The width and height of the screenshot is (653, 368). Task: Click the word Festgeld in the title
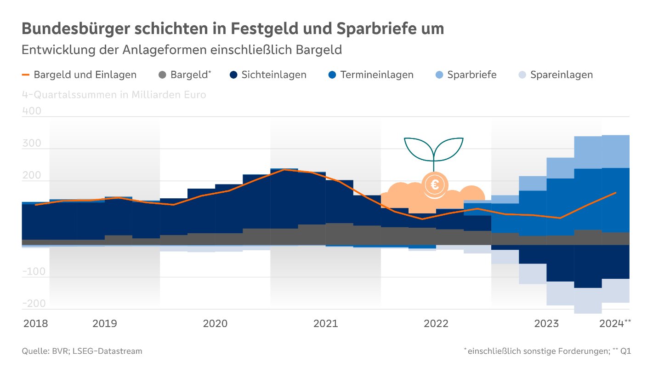pos(261,29)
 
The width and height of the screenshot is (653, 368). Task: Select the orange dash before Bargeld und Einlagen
pos(26,75)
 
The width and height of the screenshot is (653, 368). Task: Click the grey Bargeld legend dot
pos(162,75)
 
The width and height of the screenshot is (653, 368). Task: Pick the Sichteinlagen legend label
pos(274,75)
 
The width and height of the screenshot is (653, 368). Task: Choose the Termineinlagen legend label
pos(377,75)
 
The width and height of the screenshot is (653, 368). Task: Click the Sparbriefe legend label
pos(472,75)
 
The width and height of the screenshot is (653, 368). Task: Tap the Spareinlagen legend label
pos(561,75)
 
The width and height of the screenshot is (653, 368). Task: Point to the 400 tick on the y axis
pos(32,111)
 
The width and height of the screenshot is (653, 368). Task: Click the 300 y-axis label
pos(32,144)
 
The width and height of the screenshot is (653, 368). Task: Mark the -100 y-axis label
pos(34,271)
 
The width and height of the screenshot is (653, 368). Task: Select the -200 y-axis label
pos(34,304)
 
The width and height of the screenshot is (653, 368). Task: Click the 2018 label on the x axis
pos(35,323)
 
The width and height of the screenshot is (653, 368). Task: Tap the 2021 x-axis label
pos(325,323)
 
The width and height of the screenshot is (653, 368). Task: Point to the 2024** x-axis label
pos(615,323)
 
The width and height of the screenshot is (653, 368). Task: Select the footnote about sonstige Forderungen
pos(547,351)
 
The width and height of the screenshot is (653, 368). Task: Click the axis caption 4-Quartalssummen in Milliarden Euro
pos(114,95)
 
